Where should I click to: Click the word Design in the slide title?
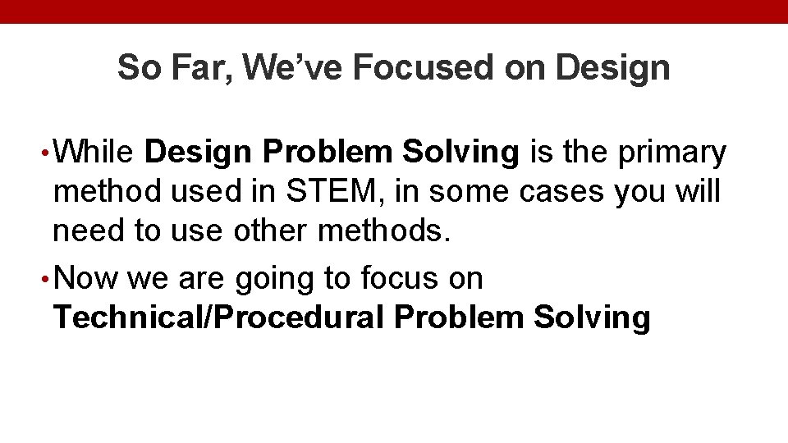coord(612,68)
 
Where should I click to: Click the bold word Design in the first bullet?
coord(199,152)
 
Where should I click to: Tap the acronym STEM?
coord(334,192)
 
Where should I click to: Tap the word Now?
coord(89,279)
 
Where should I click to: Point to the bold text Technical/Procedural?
coord(218,317)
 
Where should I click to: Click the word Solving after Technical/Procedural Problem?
coord(592,318)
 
